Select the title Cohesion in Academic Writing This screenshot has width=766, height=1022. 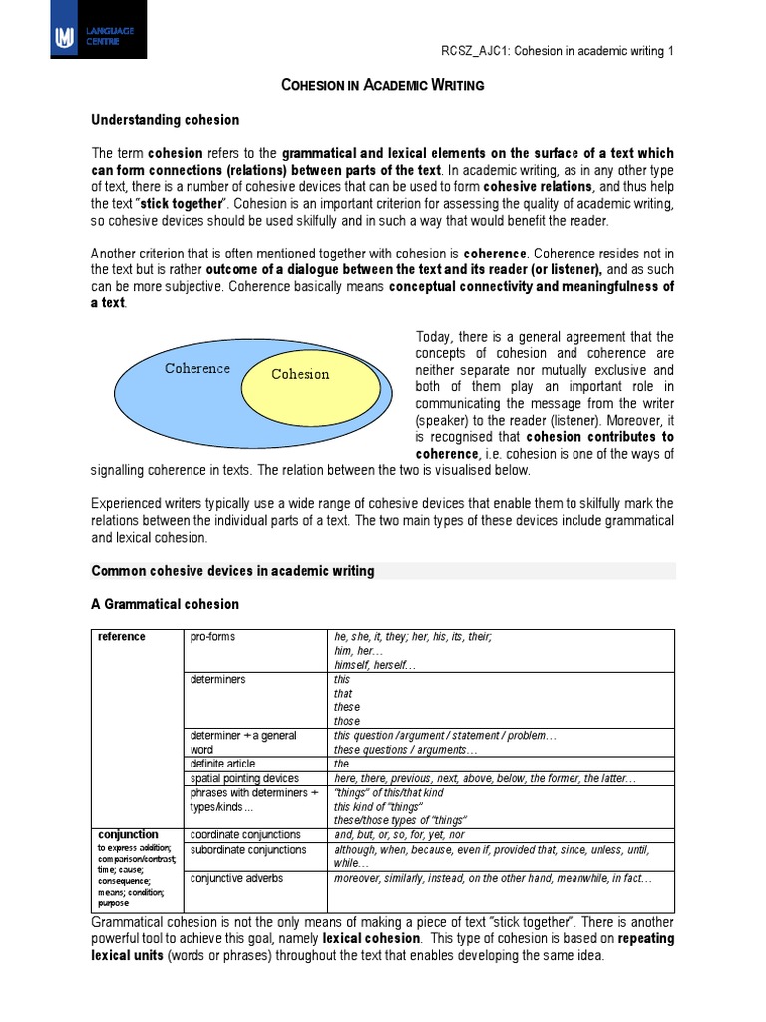click(383, 85)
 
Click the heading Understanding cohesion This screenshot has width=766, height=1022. click(166, 120)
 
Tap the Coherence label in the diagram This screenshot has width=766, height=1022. click(197, 368)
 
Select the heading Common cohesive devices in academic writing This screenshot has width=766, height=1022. click(232, 571)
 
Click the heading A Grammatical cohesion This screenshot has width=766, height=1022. click(166, 604)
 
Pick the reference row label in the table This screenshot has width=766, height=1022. click(121, 637)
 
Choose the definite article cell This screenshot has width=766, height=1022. click(227, 764)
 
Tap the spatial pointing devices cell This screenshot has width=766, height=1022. click(244, 778)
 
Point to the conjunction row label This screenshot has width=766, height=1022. click(128, 834)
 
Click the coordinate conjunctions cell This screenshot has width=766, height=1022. click(244, 834)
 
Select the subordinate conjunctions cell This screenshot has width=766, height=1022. click(247, 850)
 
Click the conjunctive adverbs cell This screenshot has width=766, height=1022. click(235, 878)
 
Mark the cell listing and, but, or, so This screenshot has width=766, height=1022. click(400, 834)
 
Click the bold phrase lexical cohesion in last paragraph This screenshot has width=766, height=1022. click(370, 939)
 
